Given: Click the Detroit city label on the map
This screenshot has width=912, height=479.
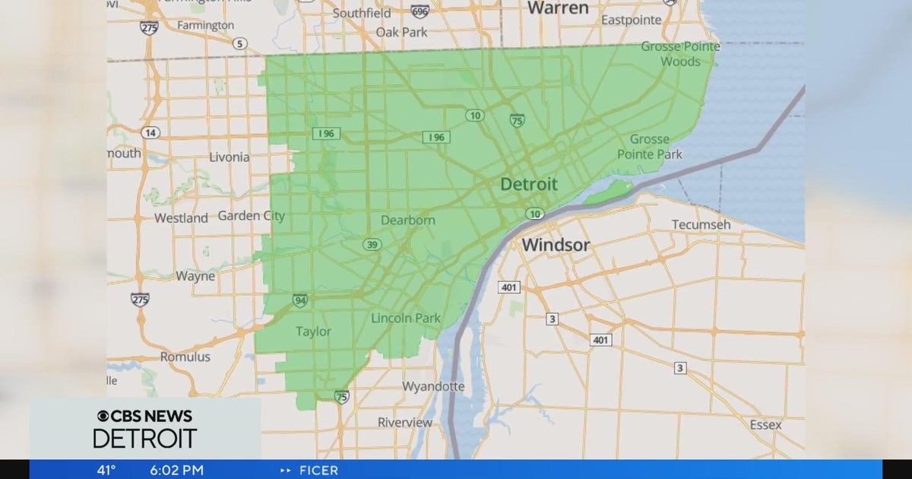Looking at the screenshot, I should pyautogui.click(x=528, y=184).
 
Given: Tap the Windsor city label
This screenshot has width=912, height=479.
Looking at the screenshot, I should pyautogui.click(x=556, y=245).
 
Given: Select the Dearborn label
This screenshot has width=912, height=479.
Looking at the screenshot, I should pyautogui.click(x=408, y=220).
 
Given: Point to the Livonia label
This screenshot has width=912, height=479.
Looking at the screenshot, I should pyautogui.click(x=229, y=157).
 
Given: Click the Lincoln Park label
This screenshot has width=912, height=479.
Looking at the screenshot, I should pyautogui.click(x=406, y=318).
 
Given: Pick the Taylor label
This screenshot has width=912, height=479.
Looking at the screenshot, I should pyautogui.click(x=312, y=331).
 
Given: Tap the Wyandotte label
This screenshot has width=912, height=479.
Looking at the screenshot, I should pyautogui.click(x=433, y=386).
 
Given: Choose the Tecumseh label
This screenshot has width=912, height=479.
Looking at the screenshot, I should pyautogui.click(x=701, y=224).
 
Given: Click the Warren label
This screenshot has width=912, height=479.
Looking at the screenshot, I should pyautogui.click(x=558, y=8).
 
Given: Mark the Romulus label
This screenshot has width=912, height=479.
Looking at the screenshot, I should pyautogui.click(x=184, y=357).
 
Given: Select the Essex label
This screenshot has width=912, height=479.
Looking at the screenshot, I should pyautogui.click(x=765, y=424).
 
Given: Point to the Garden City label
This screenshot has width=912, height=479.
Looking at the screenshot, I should pyautogui.click(x=252, y=216).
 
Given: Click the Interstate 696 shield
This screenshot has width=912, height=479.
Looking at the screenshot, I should pyautogui.click(x=420, y=12).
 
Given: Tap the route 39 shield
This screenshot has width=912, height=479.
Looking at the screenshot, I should pyautogui.click(x=372, y=244).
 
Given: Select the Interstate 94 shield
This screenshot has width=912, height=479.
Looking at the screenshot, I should pyautogui.click(x=299, y=300).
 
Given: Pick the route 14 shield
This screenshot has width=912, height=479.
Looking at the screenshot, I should pyautogui.click(x=150, y=132).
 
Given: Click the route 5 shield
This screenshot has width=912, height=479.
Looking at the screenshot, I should pyautogui.click(x=240, y=43).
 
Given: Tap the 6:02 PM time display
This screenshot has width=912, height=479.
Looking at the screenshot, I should pyautogui.click(x=176, y=470).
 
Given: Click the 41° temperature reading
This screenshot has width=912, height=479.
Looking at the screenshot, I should pyautogui.click(x=106, y=470).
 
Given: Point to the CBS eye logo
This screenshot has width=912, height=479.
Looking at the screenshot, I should pyautogui.click(x=103, y=416).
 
